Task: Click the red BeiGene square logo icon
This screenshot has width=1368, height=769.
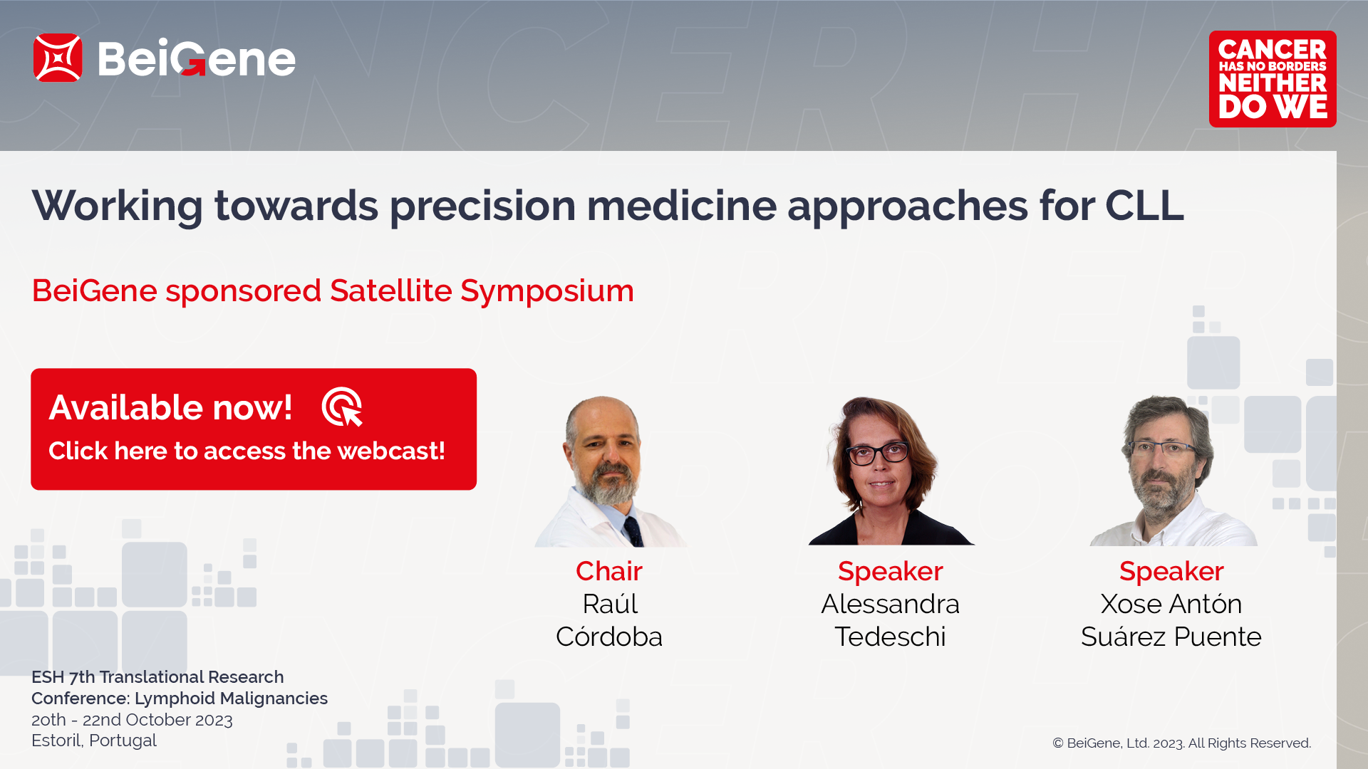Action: click(x=58, y=58)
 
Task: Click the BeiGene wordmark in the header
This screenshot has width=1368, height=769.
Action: click(x=197, y=58)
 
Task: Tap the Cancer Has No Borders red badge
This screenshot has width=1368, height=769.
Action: click(x=1273, y=79)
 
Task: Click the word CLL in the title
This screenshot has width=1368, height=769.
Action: click(x=1144, y=206)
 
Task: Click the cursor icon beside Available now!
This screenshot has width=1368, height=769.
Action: click(x=343, y=407)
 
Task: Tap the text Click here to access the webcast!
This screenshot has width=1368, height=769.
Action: click(x=247, y=451)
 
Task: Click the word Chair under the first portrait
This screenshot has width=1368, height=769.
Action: click(x=609, y=571)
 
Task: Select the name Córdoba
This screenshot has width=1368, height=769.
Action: click(x=609, y=636)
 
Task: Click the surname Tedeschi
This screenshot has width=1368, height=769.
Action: click(x=891, y=637)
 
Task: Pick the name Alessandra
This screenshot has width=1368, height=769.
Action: click(x=891, y=604)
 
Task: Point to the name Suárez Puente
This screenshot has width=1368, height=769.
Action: click(x=1171, y=636)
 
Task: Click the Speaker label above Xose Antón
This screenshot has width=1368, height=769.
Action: click(x=1171, y=571)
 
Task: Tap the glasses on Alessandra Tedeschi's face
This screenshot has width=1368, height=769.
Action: click(x=877, y=454)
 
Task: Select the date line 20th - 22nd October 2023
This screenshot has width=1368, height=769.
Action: click(x=132, y=720)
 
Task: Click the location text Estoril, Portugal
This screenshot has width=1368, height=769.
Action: click(x=94, y=741)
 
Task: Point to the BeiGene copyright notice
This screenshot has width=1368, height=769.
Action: click(x=1182, y=743)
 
